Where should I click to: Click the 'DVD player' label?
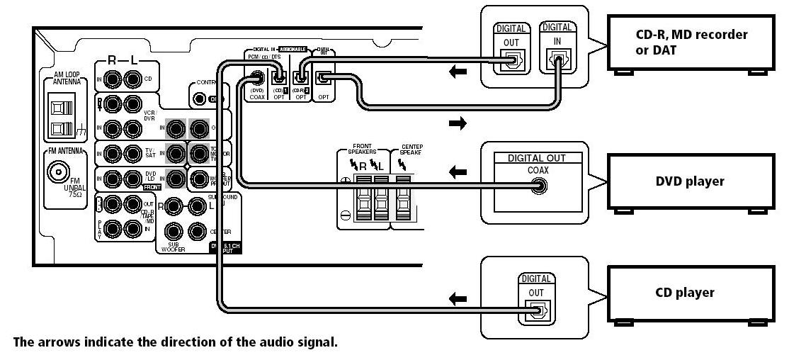[689, 181]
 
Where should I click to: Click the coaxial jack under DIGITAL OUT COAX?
[540, 187]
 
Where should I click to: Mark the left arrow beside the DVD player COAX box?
[458, 172]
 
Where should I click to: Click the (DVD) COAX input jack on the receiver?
[256, 78]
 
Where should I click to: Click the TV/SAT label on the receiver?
[149, 154]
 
